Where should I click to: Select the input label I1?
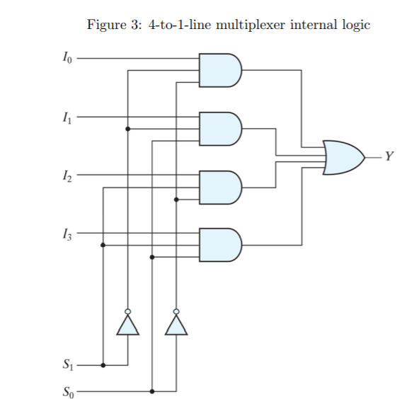pos(67,117)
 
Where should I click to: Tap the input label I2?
pos(67,175)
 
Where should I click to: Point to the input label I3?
pos(67,233)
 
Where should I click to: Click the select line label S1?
pos(67,366)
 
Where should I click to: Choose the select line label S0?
pos(67,391)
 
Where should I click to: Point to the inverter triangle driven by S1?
pos(127,325)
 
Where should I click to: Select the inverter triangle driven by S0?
pos(176,325)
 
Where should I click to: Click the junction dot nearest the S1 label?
pos(103,366)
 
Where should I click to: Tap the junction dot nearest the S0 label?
pos(152,391)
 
